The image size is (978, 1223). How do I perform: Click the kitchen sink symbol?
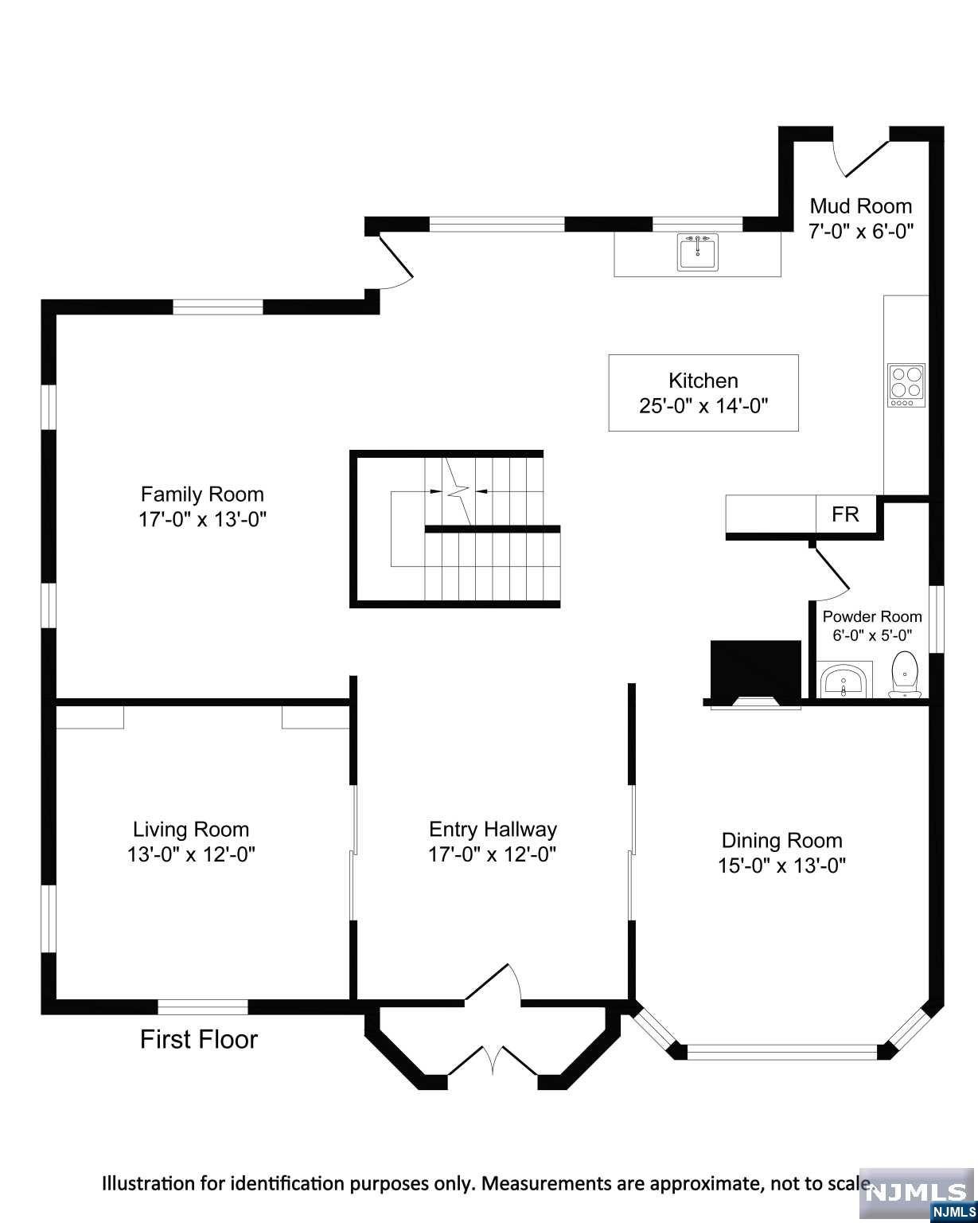click(x=698, y=252)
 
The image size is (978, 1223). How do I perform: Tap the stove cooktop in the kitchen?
click(x=906, y=385)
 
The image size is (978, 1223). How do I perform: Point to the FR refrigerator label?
click(x=845, y=514)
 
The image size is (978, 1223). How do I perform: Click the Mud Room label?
click(x=860, y=206)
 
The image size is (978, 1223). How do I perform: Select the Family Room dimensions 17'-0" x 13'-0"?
click(x=202, y=520)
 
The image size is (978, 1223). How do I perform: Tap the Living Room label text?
click(x=191, y=829)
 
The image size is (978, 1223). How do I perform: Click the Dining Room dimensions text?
click(x=781, y=865)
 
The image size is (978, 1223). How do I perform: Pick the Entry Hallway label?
click(x=493, y=829)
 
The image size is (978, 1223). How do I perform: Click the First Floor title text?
click(x=199, y=1039)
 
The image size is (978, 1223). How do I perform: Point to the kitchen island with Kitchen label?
click(x=703, y=393)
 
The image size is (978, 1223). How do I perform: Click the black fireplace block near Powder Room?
click(x=755, y=670)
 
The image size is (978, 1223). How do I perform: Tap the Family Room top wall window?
click(x=218, y=307)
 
